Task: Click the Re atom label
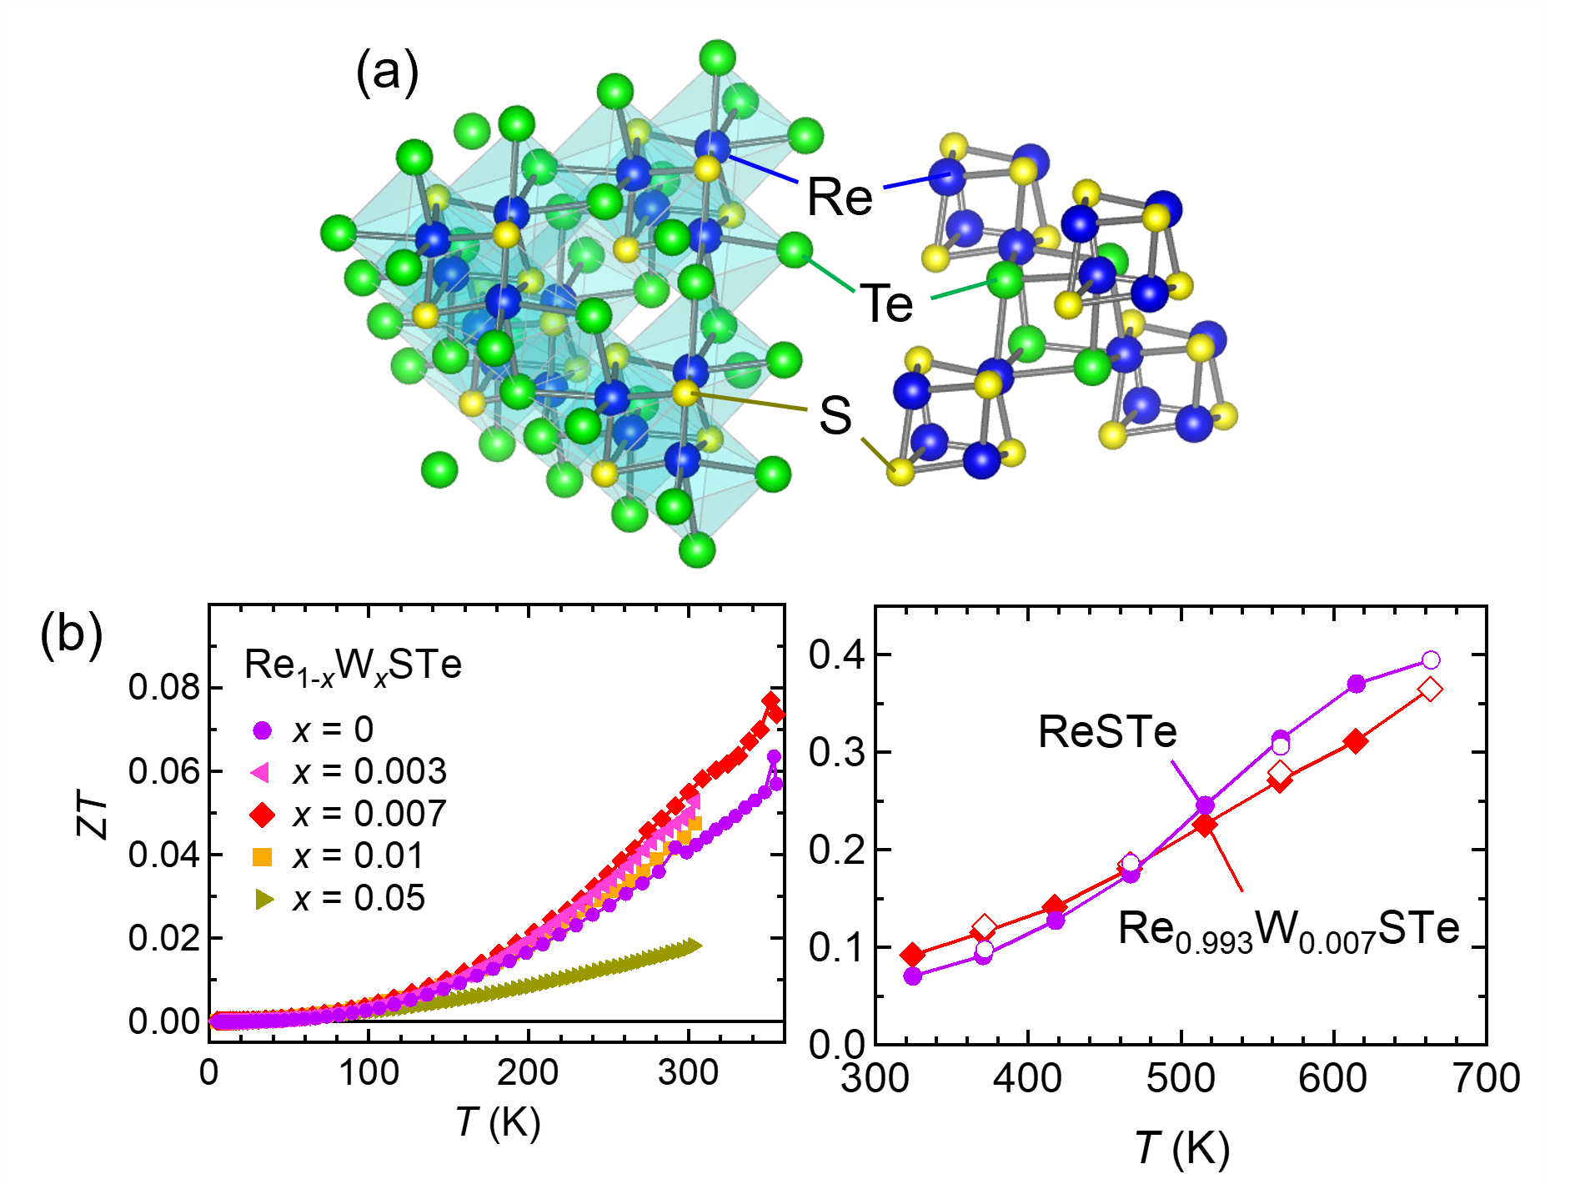[x=840, y=198]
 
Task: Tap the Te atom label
[x=887, y=303]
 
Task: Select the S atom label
[x=835, y=414]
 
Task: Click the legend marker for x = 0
[x=263, y=730]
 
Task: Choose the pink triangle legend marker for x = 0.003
[x=261, y=773]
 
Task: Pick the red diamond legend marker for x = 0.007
[x=263, y=815]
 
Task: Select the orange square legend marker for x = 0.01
[x=263, y=856]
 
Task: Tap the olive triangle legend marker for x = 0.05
[x=264, y=899]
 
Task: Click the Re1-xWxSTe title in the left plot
[x=353, y=665]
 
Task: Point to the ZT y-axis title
[x=93, y=815]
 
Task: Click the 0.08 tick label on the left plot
[x=164, y=687]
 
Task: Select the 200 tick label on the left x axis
[x=528, y=1072]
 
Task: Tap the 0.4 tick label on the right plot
[x=838, y=655]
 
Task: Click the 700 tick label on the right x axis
[x=1487, y=1078]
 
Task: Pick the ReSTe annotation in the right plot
[x=1107, y=732]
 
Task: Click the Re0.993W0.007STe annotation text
[x=1289, y=929]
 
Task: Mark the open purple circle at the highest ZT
[x=1431, y=660]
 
